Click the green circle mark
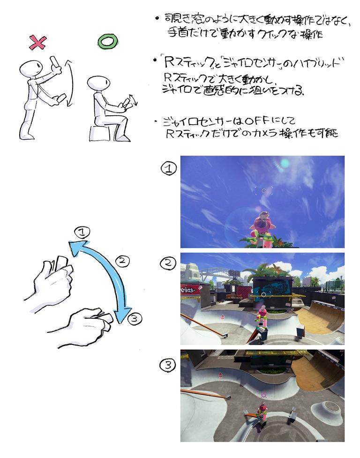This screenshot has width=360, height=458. tap(106, 42)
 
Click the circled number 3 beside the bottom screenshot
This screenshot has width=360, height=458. tap(167, 365)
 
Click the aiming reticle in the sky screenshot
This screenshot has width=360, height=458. tap(264, 190)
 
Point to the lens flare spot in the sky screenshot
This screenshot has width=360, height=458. tap(285, 163)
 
